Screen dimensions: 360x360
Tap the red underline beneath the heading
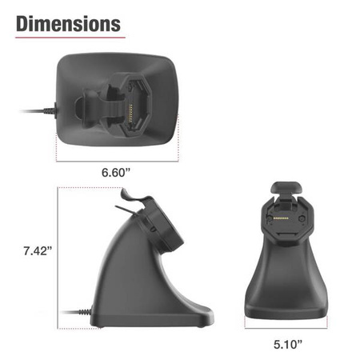70,37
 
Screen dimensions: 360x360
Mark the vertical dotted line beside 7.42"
57,256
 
